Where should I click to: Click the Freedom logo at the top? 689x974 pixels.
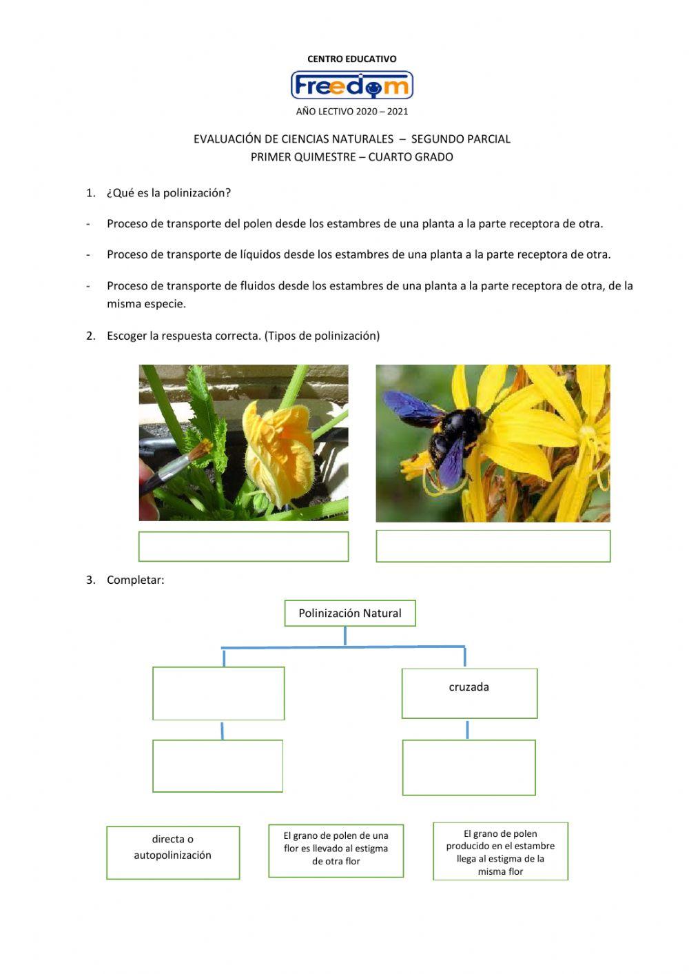click(x=351, y=85)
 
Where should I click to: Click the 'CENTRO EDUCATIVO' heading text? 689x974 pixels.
click(x=351, y=59)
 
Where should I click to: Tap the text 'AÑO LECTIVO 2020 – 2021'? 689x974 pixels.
click(x=351, y=111)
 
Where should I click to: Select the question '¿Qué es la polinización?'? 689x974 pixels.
click(x=168, y=193)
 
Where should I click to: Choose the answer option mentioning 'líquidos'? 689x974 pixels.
click(x=358, y=254)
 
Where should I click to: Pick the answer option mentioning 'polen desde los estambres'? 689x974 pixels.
click(x=355, y=224)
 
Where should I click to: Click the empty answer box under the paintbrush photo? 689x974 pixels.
click(x=243, y=547)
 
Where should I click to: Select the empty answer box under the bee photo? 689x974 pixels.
click(x=493, y=547)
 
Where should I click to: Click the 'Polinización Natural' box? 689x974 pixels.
click(x=350, y=613)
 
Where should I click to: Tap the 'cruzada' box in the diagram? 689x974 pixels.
click(x=469, y=693)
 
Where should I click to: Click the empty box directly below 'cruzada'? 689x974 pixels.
click(x=469, y=767)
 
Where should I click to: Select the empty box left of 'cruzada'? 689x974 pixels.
click(x=218, y=693)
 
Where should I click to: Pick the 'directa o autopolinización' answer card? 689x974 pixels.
click(x=173, y=853)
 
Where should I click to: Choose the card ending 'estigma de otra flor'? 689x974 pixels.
click(x=336, y=851)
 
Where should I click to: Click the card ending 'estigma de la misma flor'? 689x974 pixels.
click(x=500, y=851)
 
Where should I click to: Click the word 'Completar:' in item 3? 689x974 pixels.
click(x=135, y=580)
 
